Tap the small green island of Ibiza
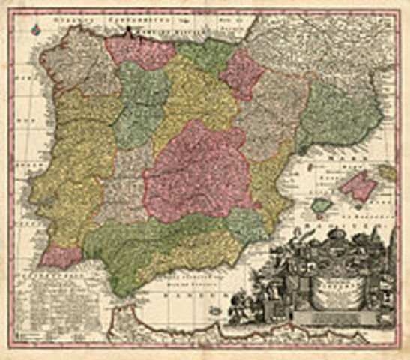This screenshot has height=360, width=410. [321, 205]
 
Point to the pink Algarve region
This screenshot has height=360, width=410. [60, 256]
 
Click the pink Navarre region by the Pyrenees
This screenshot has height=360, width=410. [241, 73]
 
